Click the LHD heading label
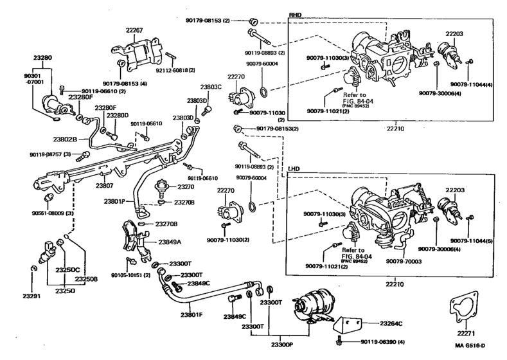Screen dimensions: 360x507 [296, 169]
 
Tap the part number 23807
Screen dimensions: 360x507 [105, 186]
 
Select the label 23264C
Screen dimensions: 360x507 [391, 323]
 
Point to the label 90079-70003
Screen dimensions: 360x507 [404, 261]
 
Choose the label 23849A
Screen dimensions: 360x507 [170, 242]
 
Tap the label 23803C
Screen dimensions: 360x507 [211, 87]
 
